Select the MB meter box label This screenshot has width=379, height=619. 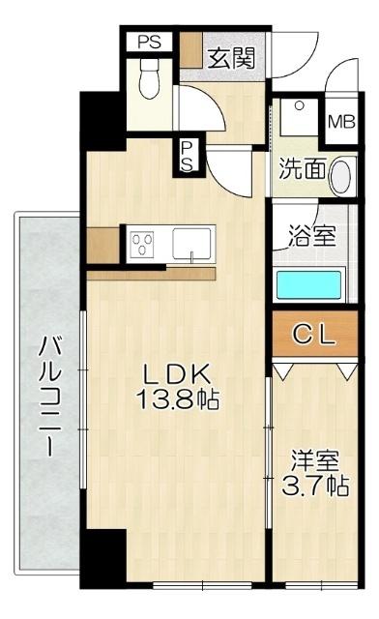click(340, 122)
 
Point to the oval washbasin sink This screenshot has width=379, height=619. click(341, 176)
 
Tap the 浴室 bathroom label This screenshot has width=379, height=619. click(309, 234)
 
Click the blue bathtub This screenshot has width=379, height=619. click(308, 284)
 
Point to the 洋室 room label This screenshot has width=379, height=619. click(315, 460)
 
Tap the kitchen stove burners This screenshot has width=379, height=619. click(144, 242)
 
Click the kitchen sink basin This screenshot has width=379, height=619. click(194, 243)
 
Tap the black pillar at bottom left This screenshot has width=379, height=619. click(108, 559)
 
